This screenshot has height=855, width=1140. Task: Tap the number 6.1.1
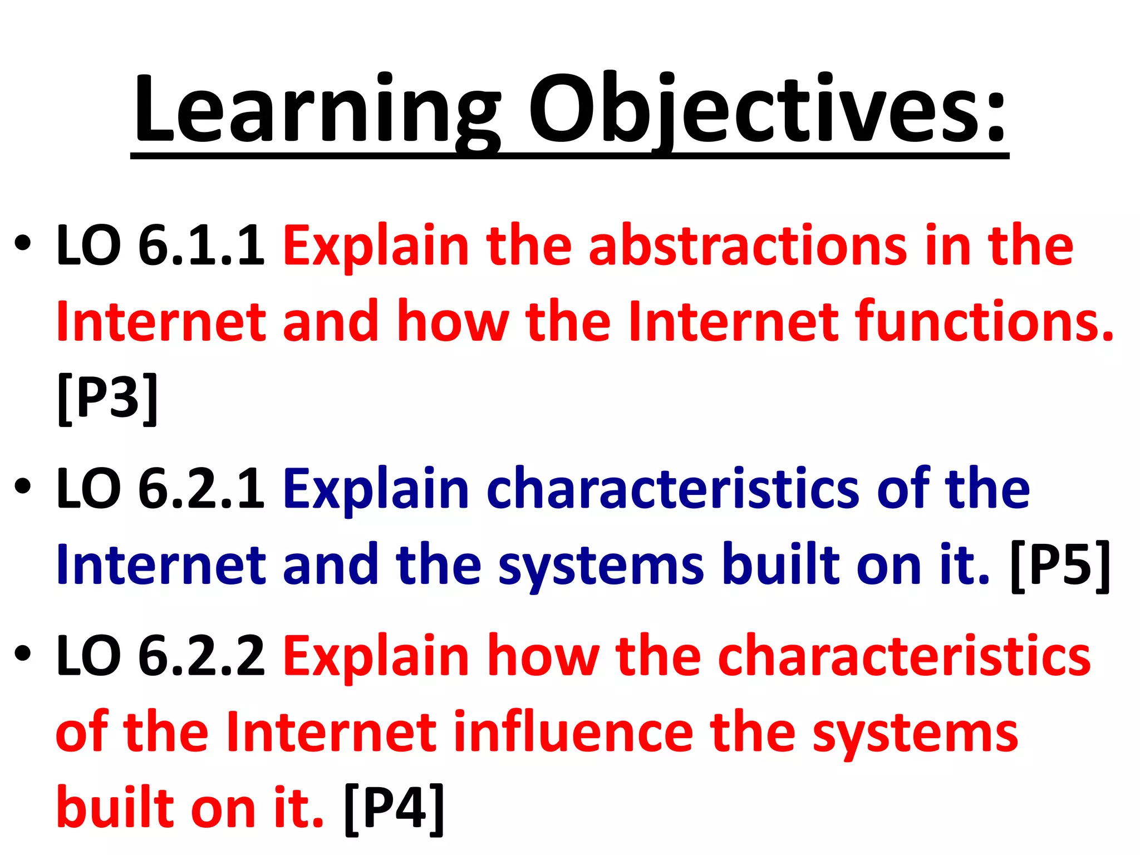click(201, 245)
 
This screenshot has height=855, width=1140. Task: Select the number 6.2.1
click(201, 489)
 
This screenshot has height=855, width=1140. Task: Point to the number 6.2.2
click(201, 657)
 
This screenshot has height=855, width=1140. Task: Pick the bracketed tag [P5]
click(1060, 566)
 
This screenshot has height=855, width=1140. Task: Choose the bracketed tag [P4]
click(394, 808)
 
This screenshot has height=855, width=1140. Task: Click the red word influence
click(573, 733)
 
